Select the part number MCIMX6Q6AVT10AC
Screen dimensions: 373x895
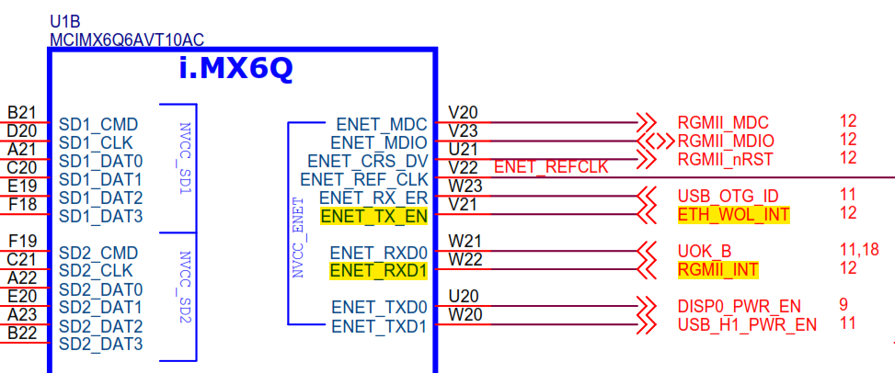(127, 40)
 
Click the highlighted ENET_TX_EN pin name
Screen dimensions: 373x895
(373, 216)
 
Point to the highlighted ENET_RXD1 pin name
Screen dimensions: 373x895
(378, 271)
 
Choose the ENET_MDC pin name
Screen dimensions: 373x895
(382, 123)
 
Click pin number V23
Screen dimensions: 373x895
(463, 131)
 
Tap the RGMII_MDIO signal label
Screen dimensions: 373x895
(725, 141)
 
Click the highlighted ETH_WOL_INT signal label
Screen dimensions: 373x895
(732, 214)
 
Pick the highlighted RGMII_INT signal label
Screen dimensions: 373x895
(718, 269)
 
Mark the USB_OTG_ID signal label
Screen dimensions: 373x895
(728, 196)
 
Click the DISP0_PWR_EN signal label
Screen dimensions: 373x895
(739, 306)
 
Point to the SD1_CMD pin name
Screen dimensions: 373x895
(98, 124)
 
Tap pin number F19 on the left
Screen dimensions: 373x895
(21, 241)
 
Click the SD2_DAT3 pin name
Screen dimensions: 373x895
(100, 345)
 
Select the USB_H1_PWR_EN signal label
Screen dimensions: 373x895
(747, 324)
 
